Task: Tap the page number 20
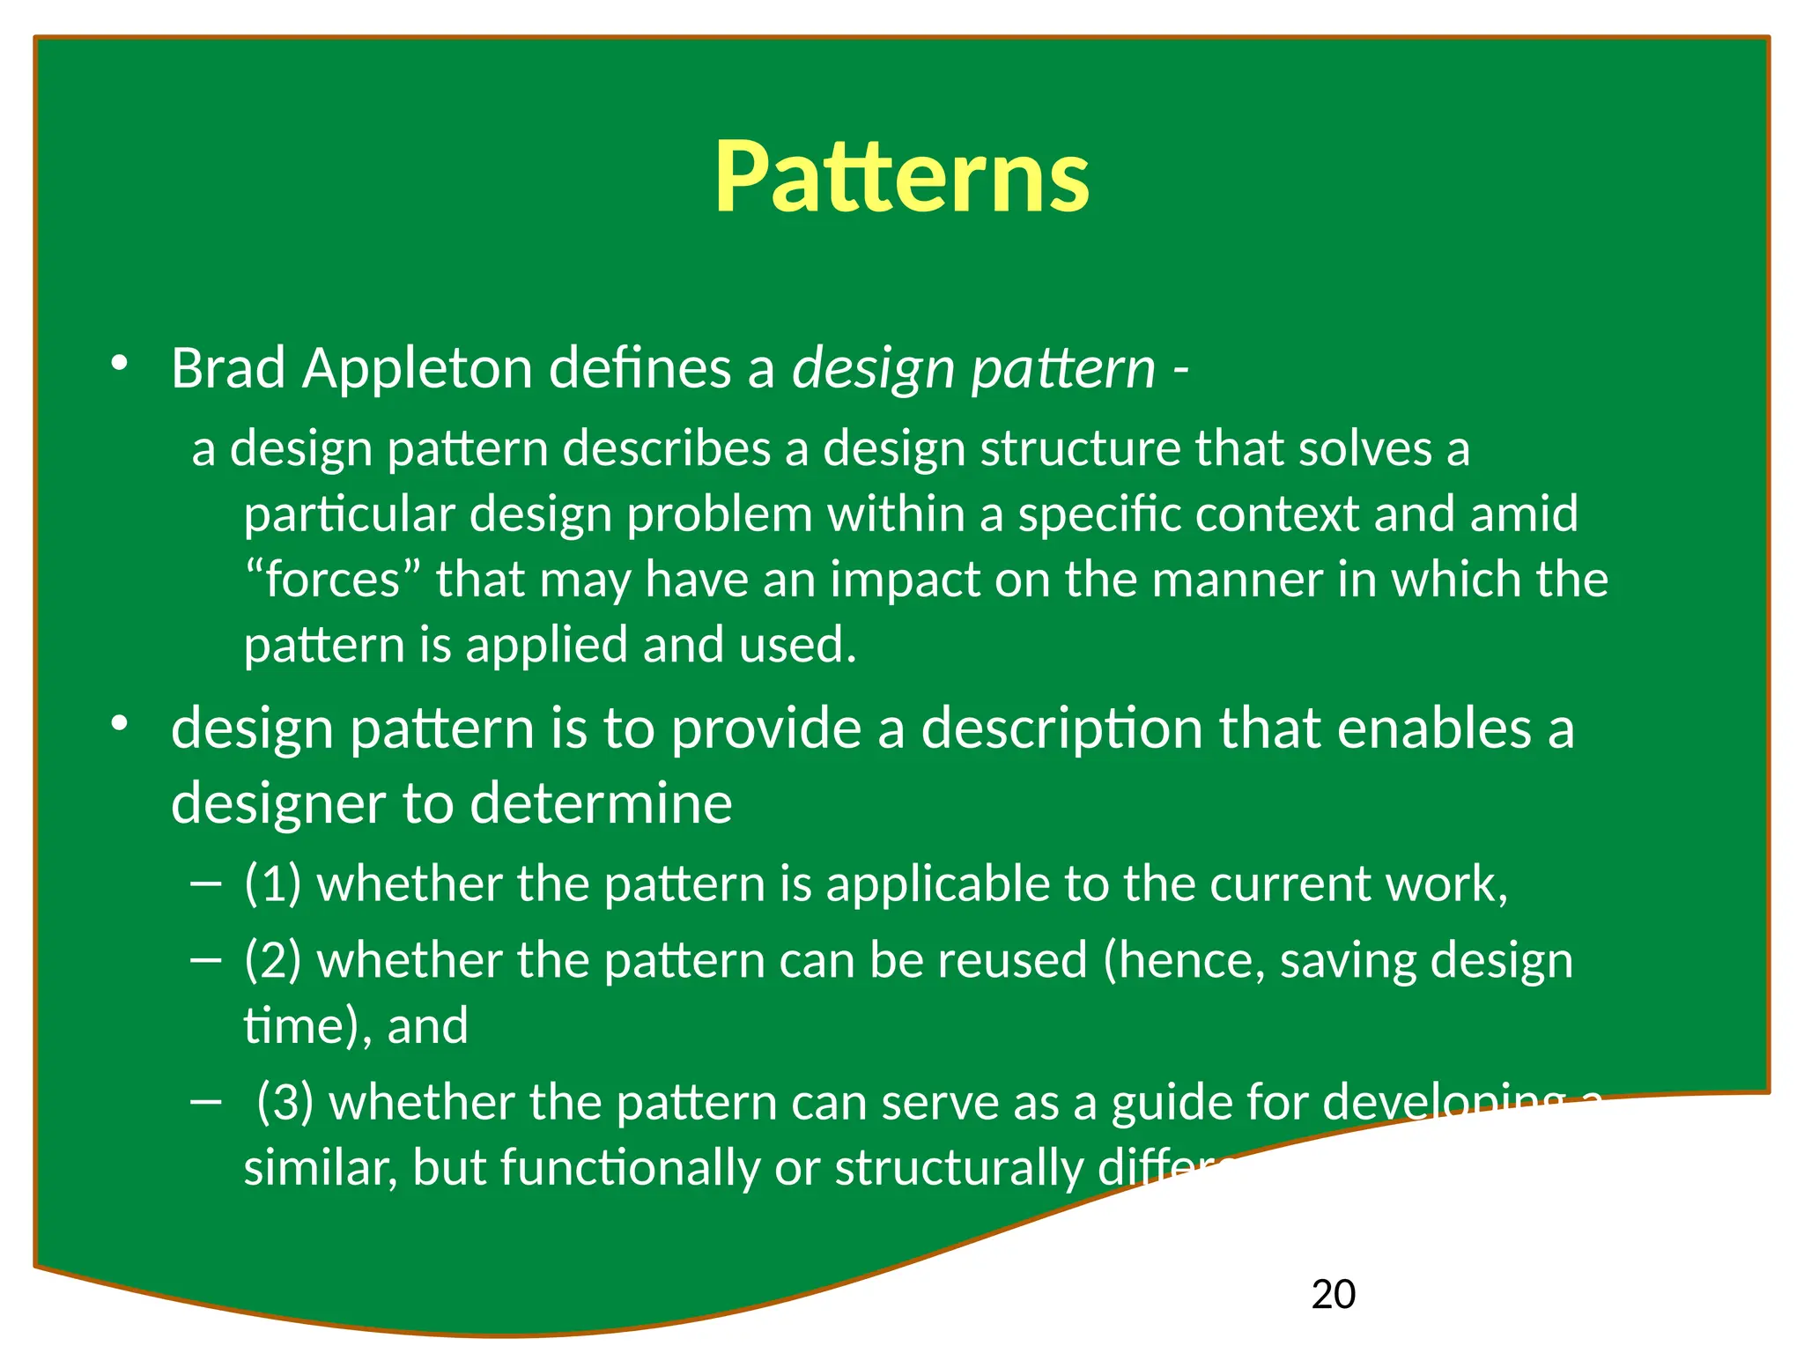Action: [1333, 1294]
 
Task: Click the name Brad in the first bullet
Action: [227, 367]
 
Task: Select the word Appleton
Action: [417, 367]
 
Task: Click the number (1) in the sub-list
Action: [272, 884]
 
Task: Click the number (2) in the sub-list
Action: [272, 959]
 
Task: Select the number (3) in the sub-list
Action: [285, 1102]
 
